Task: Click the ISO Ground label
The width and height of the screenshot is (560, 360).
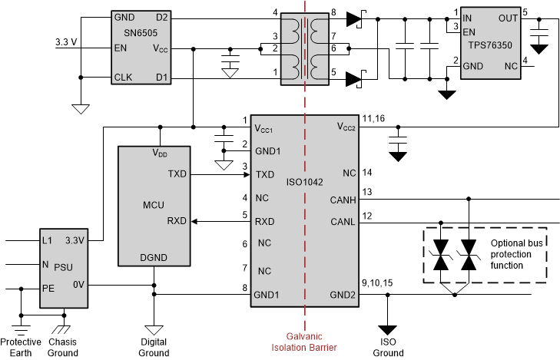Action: click(x=388, y=348)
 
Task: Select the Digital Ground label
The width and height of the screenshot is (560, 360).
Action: click(x=154, y=348)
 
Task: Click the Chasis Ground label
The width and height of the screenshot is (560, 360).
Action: click(x=63, y=347)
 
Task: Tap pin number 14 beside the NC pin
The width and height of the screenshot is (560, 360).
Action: click(x=367, y=173)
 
